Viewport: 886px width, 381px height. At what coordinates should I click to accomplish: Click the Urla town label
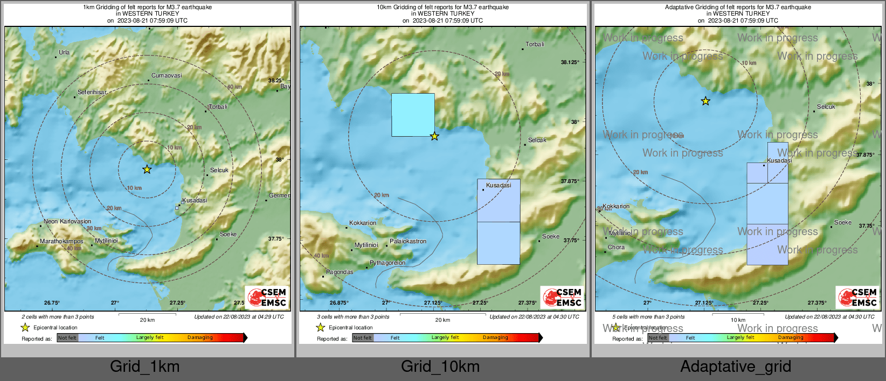64,52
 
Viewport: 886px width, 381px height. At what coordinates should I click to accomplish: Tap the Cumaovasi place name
167,75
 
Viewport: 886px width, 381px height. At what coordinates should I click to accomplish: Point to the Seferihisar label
92,92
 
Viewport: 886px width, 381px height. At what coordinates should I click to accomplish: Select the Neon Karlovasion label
67,221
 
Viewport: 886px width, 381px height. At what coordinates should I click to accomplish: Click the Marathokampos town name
61,241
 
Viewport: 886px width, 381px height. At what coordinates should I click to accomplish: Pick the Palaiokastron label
408,241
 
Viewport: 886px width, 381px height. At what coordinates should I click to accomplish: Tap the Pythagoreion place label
387,263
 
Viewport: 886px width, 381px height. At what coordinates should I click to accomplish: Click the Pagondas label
340,272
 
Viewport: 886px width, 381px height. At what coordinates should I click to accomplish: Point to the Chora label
617,248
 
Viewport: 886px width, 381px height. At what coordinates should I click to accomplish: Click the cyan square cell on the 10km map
413,115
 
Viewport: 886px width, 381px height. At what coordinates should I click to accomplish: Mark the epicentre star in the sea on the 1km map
147,170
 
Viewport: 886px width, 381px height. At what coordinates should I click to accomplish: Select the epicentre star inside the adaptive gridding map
705,101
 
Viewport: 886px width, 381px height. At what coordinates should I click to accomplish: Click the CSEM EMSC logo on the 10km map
562,297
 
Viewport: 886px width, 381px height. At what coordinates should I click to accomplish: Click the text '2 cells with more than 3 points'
58,317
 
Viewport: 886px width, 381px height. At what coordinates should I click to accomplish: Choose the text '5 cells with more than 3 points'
648,317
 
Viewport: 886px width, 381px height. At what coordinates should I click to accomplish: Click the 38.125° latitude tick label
570,62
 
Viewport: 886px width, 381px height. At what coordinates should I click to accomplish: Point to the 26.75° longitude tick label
52,303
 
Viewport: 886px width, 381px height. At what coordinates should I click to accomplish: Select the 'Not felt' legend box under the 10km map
363,338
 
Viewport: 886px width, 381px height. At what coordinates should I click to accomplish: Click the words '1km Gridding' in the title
102,8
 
